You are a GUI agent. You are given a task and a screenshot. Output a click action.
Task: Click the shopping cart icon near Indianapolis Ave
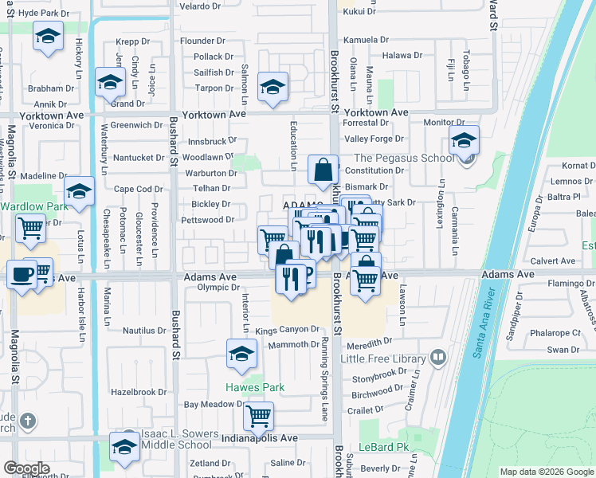click(x=258, y=414)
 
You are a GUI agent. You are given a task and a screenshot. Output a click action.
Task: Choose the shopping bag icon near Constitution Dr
click(x=323, y=169)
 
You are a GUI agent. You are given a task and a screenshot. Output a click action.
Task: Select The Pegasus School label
click(x=404, y=158)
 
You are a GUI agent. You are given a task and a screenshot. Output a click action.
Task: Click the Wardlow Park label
click(x=24, y=206)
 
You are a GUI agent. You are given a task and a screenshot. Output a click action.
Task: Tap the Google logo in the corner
click(x=25, y=468)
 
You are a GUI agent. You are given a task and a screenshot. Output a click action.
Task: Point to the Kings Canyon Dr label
click(x=286, y=330)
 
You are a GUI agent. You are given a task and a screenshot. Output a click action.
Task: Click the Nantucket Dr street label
click(x=139, y=158)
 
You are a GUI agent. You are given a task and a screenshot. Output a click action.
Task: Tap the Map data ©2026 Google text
click(x=547, y=472)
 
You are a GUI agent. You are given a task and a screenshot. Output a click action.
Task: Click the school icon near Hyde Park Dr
click(x=49, y=36)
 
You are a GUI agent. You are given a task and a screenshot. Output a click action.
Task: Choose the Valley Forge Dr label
click(x=368, y=139)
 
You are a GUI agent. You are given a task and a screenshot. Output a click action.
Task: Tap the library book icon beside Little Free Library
click(x=437, y=358)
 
